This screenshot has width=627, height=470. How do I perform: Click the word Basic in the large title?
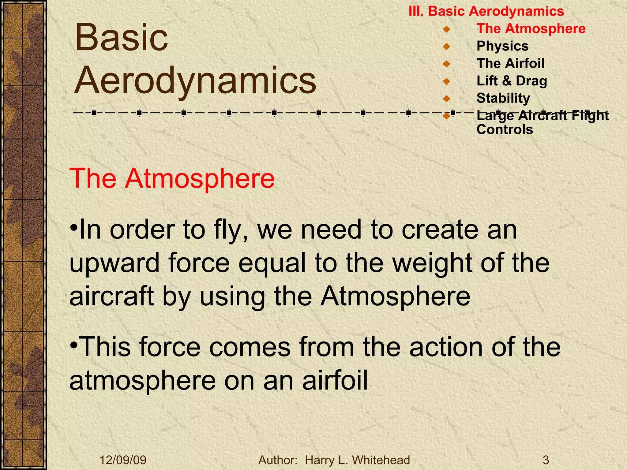(x=122, y=38)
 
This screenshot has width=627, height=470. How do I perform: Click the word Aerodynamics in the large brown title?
(x=195, y=81)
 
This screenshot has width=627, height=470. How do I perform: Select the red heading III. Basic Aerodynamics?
(x=486, y=11)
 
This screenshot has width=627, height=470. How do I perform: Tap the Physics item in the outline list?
(x=502, y=46)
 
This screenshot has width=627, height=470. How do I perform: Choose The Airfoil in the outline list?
(x=510, y=64)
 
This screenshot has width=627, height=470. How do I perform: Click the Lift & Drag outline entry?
(x=512, y=81)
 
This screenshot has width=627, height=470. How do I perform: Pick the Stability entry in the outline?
(x=503, y=98)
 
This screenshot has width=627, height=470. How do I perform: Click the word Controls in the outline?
(x=505, y=129)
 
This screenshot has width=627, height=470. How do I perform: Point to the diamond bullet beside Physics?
(x=447, y=47)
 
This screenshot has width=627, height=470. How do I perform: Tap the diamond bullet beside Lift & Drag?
(x=447, y=81)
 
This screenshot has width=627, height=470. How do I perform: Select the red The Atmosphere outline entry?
(x=531, y=29)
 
